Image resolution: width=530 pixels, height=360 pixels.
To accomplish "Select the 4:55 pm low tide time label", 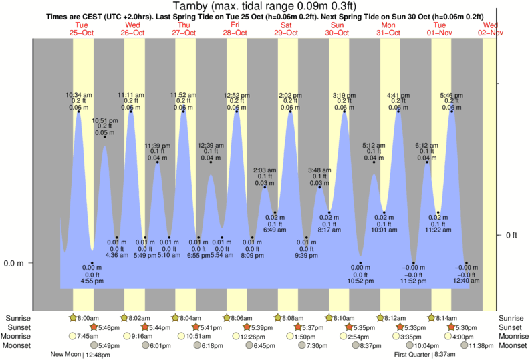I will (x=92, y=281).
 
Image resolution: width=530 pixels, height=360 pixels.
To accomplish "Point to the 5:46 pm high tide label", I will (x=452, y=94).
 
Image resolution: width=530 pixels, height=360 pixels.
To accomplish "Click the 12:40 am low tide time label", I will (x=467, y=281).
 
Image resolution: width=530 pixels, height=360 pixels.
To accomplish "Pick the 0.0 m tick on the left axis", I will (x=13, y=263).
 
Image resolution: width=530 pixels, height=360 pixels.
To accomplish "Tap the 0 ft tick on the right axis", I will (x=512, y=235).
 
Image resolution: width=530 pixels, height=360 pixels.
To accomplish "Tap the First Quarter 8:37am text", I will (x=425, y=355).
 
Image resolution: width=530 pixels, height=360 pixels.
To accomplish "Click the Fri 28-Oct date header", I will (x=235, y=29).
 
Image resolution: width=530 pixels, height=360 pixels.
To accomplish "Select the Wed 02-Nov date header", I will (x=491, y=29).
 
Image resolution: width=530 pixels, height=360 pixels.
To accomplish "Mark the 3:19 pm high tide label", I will (x=344, y=94).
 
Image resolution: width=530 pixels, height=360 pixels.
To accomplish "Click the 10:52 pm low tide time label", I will (x=360, y=281).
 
